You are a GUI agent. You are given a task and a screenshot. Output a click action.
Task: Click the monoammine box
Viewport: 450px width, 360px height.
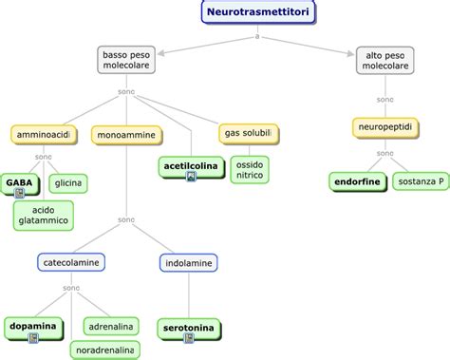click(x=123, y=136)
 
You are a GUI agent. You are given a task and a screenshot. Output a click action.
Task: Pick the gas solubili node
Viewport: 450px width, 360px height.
click(x=249, y=130)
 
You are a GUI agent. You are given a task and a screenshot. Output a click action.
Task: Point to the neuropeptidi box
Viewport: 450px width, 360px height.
click(x=384, y=127)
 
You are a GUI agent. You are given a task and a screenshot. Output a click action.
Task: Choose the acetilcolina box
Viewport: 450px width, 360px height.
click(x=190, y=166)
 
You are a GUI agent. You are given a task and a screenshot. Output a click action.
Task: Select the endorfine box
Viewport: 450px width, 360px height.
click(x=355, y=180)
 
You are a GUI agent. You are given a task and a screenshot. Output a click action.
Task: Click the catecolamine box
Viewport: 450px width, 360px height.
click(x=71, y=260)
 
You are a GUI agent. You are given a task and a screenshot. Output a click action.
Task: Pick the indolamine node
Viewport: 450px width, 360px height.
click(x=187, y=260)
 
